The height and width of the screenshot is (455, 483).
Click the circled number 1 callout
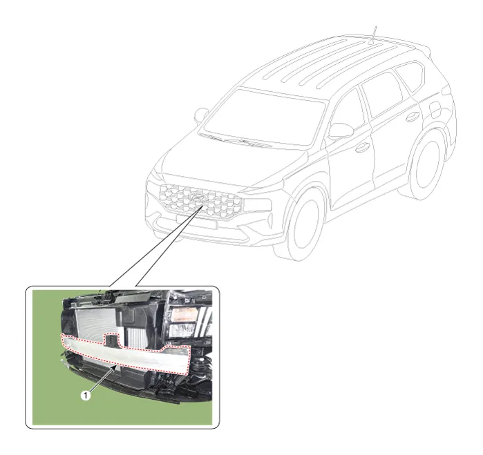86,396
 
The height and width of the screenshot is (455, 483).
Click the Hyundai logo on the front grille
196,198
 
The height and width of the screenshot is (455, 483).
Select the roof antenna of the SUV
373,35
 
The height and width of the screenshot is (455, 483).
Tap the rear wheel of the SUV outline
427,165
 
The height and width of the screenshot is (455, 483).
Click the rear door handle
412,117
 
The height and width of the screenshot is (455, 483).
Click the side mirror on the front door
341,130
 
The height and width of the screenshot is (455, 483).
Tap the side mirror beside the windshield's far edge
202,115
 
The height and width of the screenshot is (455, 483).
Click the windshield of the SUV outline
262,117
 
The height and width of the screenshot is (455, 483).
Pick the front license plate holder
196,222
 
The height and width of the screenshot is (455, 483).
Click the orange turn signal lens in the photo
184,315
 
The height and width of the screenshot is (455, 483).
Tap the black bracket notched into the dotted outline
111,340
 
